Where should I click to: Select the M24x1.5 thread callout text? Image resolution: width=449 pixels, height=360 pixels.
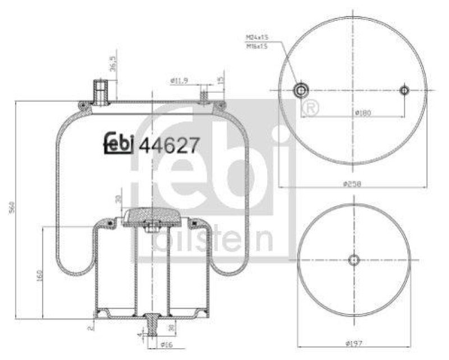(x=257, y=38)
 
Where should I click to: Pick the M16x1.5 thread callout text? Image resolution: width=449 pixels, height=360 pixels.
(x=257, y=46)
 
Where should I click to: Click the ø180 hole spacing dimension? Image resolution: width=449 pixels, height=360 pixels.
(x=363, y=113)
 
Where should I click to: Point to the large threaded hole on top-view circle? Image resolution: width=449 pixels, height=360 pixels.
(x=302, y=90)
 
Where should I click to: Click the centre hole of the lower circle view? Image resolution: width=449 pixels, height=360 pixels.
(x=353, y=259)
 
